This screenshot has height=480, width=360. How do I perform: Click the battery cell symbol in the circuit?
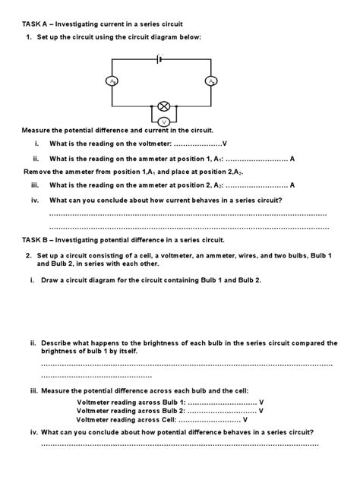tap(159, 58)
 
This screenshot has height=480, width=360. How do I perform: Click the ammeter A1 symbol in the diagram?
tap(113, 81)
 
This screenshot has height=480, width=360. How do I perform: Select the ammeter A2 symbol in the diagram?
tap(210, 81)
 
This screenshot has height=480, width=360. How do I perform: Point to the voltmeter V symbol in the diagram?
tap(163, 122)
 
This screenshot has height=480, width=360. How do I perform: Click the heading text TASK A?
tap(36, 25)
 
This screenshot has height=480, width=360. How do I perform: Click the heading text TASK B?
tap(36, 239)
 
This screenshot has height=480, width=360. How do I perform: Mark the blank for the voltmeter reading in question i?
tap(197, 144)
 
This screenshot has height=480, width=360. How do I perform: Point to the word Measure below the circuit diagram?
tap(39, 131)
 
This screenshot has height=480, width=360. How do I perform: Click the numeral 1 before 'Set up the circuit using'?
tap(29, 38)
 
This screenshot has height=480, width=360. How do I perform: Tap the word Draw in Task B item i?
tap(52, 280)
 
